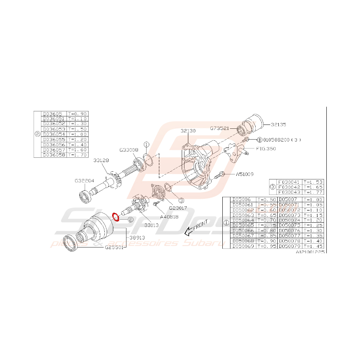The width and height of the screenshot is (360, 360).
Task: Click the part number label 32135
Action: pos(279,125)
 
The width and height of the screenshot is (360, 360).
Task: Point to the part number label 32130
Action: pos(188,131)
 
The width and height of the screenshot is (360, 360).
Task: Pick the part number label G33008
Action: pos(128,149)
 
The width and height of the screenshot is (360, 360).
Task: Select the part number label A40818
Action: pos(169,217)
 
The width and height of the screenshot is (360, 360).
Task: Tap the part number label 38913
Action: pos(137,239)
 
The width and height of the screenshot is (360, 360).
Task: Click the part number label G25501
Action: pos(114,247)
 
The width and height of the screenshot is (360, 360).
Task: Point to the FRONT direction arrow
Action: pos(196,227)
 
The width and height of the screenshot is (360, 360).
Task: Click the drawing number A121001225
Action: pos(310,251)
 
